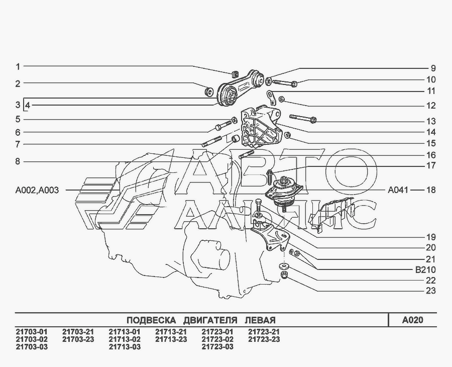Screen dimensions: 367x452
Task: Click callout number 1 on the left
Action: (x=18, y=66)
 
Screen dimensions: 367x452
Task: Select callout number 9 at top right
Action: (x=432, y=68)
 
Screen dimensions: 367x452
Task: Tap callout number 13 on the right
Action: (x=431, y=121)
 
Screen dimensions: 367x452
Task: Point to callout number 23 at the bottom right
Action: (x=431, y=291)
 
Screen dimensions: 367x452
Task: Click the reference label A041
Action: (x=398, y=191)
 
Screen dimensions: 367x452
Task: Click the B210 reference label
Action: (x=425, y=269)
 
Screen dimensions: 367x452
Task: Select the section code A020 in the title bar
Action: (x=412, y=320)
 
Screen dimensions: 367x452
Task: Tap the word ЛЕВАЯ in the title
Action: (x=259, y=320)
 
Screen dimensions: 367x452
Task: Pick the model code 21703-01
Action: (x=32, y=332)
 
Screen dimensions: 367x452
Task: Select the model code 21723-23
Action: (x=264, y=339)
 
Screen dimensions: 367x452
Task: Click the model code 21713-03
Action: (x=125, y=347)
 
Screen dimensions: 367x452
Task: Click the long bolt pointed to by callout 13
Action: (x=302, y=119)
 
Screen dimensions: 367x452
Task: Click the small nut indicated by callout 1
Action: (x=236, y=74)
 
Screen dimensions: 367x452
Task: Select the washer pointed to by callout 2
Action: (x=208, y=92)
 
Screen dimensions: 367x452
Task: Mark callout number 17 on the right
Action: (x=431, y=165)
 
